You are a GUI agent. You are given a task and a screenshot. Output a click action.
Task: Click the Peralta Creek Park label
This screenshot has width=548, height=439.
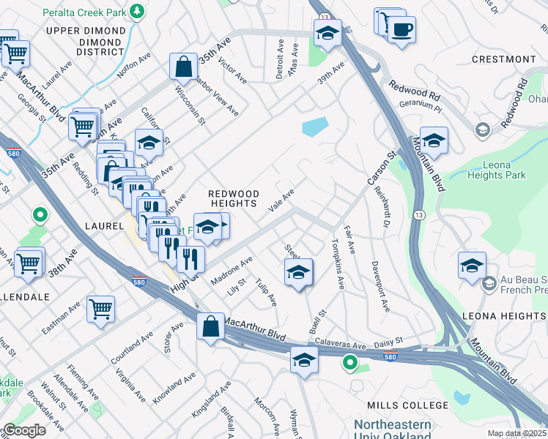click(83, 12)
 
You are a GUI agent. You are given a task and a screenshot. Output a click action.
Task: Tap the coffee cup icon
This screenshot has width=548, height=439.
click(401, 30)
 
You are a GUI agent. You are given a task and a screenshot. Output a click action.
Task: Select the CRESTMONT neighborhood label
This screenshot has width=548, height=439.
click(503, 59)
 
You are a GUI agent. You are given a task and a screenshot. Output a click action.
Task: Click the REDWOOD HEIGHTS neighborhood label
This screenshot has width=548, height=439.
click(234, 198)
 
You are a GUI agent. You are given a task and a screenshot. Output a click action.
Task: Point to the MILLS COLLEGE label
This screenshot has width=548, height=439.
click(412, 405)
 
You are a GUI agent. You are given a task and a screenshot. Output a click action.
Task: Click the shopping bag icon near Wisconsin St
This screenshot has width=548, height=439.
click(183, 66)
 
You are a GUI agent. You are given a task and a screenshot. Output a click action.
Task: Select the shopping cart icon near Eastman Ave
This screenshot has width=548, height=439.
click(100, 308)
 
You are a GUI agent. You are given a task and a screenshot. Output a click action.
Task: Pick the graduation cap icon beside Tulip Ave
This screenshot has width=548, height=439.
click(298, 272)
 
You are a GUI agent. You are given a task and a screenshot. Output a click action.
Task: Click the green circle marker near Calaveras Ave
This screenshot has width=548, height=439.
click(350, 361)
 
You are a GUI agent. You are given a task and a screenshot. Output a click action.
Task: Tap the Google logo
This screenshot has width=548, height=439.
click(24, 430)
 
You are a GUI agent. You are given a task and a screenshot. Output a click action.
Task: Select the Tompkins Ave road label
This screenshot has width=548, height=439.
click(338, 264)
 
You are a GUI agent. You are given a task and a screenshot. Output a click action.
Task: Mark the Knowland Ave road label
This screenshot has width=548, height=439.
click(174, 389)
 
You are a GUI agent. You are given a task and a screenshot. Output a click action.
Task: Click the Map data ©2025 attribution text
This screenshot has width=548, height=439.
click(517, 433)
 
